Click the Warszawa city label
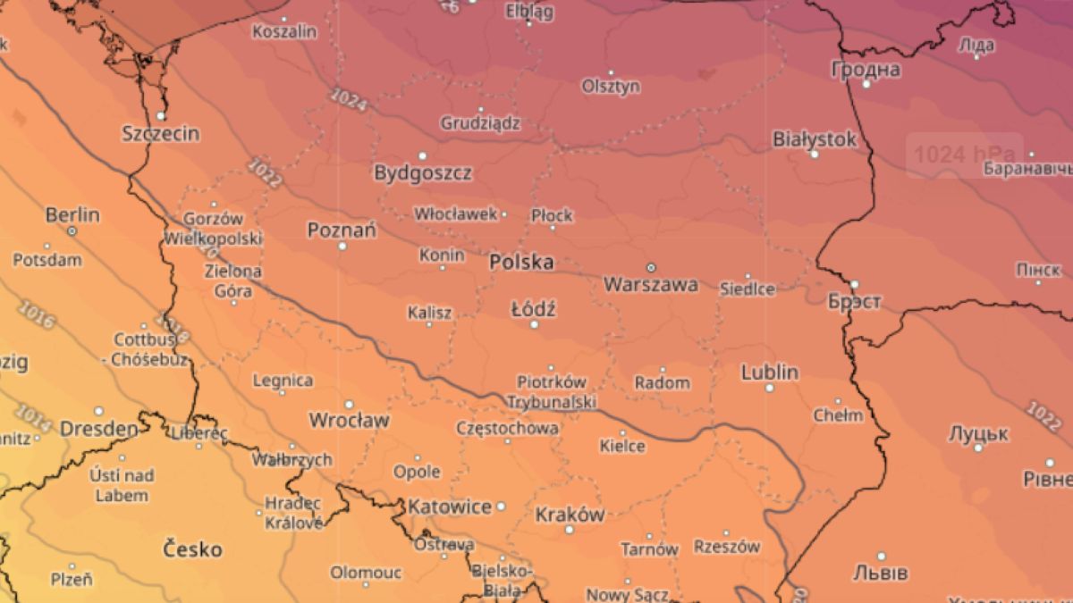[x=651, y=286]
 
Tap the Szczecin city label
[x=161, y=134]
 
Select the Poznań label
[x=342, y=230]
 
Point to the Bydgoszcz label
[x=423, y=172]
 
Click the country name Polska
[x=521, y=263]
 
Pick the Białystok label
[x=815, y=139]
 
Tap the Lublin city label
[x=770, y=373]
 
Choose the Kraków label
[x=570, y=515]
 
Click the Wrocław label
[x=349, y=420]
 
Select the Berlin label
[x=72, y=216]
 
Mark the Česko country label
[x=192, y=549]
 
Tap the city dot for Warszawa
[x=651, y=267]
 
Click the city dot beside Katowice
[x=501, y=507]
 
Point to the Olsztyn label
[x=611, y=87]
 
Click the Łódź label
[x=534, y=310]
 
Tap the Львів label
[x=881, y=572]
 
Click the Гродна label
[x=866, y=70]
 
